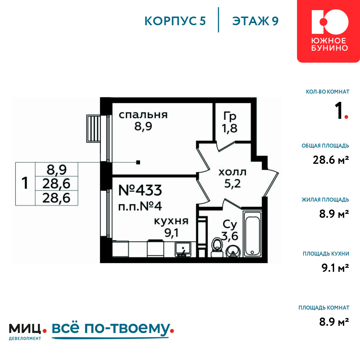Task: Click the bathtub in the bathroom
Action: pos(253,234)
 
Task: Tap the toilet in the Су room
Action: pos(217,247)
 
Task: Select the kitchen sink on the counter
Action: pos(183,249)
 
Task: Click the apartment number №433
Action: pos(140,190)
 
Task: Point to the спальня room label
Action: pos(143,115)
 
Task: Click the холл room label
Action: pos(232,172)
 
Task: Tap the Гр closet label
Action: pos(230,116)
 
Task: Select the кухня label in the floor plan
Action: pos(171,221)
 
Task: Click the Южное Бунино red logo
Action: pos(329,31)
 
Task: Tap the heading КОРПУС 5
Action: pos(175,21)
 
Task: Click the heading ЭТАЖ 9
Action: pos(255,21)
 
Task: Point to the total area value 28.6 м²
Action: pos(331,160)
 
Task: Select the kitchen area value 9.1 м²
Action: pos(335,268)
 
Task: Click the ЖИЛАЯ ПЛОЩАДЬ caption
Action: pos(325,200)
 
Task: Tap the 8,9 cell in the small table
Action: pos(57,170)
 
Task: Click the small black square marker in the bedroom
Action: pos(138,162)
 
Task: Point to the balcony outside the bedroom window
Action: pos(94,129)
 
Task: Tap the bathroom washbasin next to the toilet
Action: pos(233,251)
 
